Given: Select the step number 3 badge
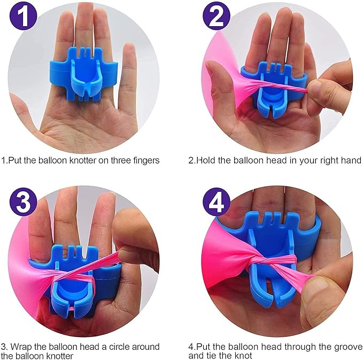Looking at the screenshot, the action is (x=23, y=201).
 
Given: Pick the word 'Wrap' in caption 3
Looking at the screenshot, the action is (x=21, y=347).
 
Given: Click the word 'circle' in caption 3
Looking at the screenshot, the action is (x=118, y=347).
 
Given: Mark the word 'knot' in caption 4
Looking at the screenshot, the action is (x=243, y=355).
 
